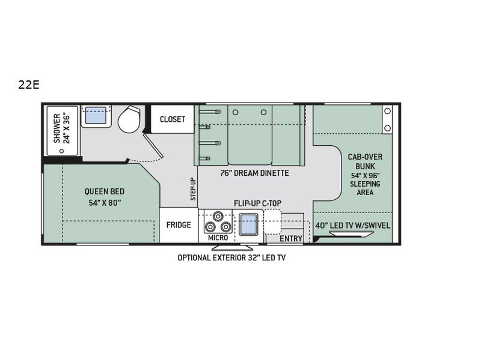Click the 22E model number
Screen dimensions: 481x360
pyautogui.click(x=29, y=85)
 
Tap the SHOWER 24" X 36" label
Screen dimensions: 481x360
pyautogui.click(x=62, y=128)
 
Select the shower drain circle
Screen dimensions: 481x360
pyautogui.click(x=62, y=151)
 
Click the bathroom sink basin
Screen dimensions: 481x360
pyautogui.click(x=96, y=115)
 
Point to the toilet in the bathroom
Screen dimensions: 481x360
pyautogui.click(x=129, y=119)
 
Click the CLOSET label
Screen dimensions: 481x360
pyautogui.click(x=173, y=119)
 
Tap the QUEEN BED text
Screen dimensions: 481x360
pyautogui.click(x=105, y=191)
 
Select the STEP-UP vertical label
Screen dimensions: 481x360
pyautogui.click(x=193, y=189)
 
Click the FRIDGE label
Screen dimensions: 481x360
pyautogui.click(x=179, y=225)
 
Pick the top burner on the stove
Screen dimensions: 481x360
pyautogui.click(x=218, y=216)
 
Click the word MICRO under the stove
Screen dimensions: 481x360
pyautogui.click(x=218, y=238)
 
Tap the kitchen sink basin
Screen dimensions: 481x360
pyautogui.click(x=248, y=224)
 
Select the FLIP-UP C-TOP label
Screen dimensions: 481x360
pyautogui.click(x=257, y=203)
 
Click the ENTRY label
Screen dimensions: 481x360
pyautogui.click(x=291, y=238)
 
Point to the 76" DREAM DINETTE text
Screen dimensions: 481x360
pyautogui.click(x=254, y=173)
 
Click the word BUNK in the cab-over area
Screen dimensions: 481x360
pyautogui.click(x=365, y=167)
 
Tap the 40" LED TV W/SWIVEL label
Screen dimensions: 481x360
pyautogui.click(x=353, y=226)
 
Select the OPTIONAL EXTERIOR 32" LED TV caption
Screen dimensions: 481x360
pyautogui.click(x=231, y=258)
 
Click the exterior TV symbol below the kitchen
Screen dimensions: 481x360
pyautogui.click(x=232, y=247)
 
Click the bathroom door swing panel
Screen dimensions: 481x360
pyautogui.click(x=153, y=145)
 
